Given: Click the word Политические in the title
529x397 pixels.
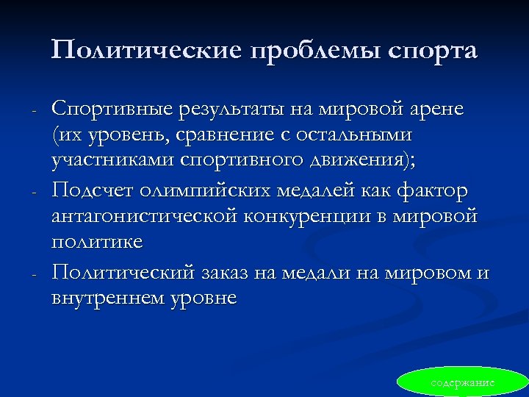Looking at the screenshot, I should pyautogui.click(x=148, y=50).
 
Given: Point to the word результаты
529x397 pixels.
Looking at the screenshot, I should pyautogui.click(x=224, y=110).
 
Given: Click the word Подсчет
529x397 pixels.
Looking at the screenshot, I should pyautogui.click(x=90, y=191).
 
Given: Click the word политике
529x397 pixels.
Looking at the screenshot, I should pyautogui.click(x=97, y=242).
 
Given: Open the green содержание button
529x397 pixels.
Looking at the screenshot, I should pyautogui.click(x=462, y=383).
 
